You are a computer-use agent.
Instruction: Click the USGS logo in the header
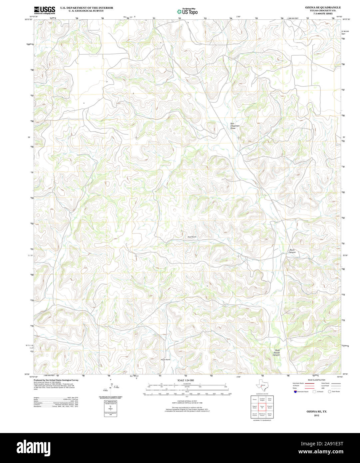point(44,10)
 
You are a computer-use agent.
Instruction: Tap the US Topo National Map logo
point(187,11)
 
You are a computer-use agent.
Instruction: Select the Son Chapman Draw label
point(235,126)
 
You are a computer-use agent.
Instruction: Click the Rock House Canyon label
point(276,353)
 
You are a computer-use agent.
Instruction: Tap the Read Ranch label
point(192,237)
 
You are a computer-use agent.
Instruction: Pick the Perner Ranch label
point(165,360)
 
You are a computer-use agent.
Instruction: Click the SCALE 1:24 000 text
point(185,380)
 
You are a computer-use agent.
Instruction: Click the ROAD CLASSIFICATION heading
point(316,380)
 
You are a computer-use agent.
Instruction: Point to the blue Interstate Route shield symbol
point(295,392)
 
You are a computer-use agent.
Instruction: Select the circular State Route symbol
point(330,392)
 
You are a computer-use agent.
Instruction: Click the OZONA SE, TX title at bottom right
point(316,412)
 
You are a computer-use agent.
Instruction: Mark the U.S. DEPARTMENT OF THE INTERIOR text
point(87,8)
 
